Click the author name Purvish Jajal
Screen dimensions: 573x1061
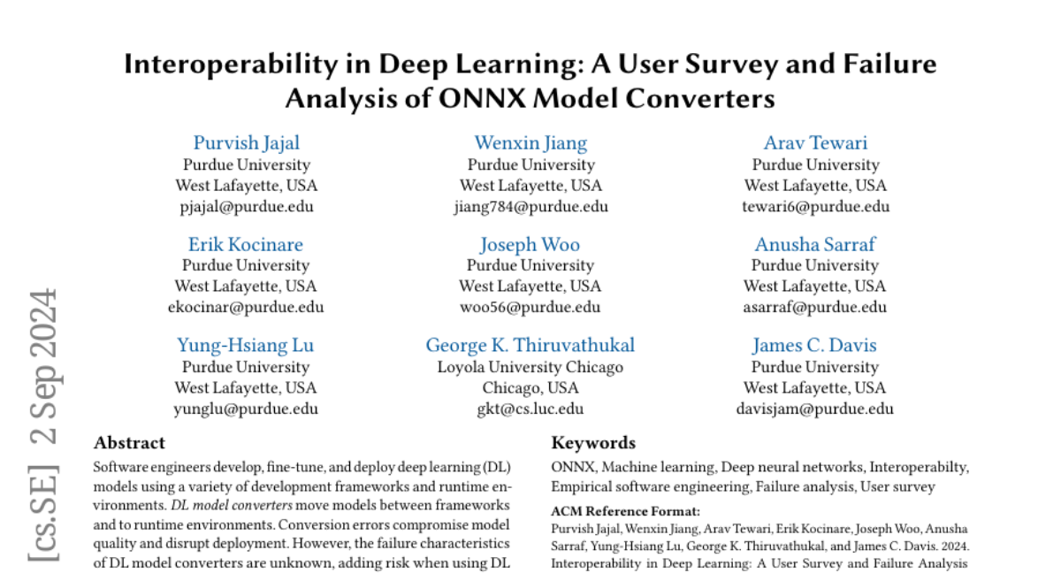(x=247, y=143)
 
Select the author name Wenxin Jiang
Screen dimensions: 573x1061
(x=530, y=143)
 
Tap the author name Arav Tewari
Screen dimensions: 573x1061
(x=815, y=143)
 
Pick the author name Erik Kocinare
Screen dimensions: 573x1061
(x=246, y=245)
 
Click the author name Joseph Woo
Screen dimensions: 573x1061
(x=530, y=245)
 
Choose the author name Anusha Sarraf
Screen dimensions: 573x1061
(x=815, y=245)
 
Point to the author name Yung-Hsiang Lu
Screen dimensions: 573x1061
(x=246, y=346)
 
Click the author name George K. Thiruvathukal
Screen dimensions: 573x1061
(x=530, y=346)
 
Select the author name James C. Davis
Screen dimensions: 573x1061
(x=815, y=346)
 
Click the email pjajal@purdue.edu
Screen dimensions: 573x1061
(x=247, y=207)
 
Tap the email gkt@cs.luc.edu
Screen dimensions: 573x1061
(x=530, y=409)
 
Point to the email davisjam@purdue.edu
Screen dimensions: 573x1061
(x=815, y=409)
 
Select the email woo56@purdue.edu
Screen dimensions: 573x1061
(x=530, y=308)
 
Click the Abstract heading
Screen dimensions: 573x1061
(x=129, y=443)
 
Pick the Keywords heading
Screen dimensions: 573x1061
(x=593, y=443)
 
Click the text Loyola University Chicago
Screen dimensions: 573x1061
(x=530, y=367)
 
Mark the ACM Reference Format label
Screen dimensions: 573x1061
(x=614, y=510)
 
